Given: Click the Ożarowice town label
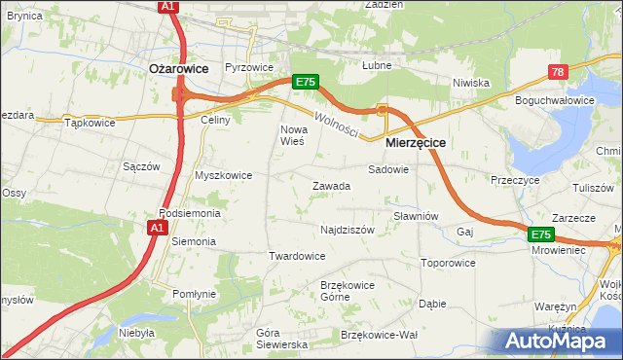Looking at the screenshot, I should [x=181, y=68].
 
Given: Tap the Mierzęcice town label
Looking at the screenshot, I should [x=416, y=142].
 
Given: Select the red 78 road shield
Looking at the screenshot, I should [x=557, y=72].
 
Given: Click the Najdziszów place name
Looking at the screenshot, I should [x=348, y=231].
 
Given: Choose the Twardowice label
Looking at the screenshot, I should [x=296, y=256].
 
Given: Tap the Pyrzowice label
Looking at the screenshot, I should [x=248, y=68].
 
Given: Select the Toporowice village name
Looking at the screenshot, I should [x=448, y=263].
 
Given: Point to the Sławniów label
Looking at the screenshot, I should [x=417, y=216].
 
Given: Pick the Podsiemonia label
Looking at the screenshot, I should [x=190, y=213].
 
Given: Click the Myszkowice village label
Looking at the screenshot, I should [x=224, y=176].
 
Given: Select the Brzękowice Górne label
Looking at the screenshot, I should [x=321, y=290].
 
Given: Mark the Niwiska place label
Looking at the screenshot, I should [x=470, y=83].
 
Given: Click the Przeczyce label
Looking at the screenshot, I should [x=515, y=180].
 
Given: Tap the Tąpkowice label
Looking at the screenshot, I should [x=90, y=124].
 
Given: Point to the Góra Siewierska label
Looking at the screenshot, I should [x=281, y=339].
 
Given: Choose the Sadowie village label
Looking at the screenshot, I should [x=388, y=168].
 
